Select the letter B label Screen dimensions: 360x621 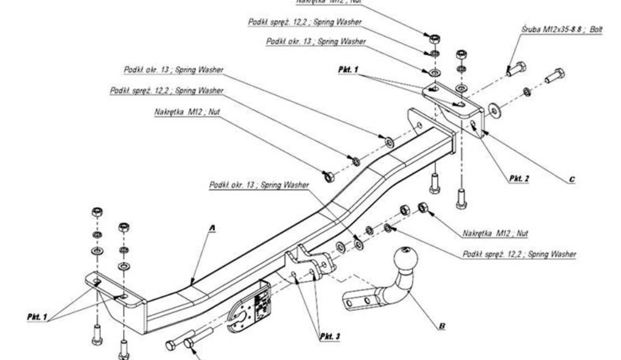443,325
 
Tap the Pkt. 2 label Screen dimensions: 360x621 519,179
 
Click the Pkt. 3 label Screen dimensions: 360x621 330,337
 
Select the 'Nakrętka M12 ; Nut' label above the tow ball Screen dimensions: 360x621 496,232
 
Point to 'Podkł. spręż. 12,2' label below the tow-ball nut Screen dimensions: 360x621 520,254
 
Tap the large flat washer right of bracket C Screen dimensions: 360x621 495,110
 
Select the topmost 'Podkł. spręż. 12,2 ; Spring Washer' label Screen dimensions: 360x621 305,22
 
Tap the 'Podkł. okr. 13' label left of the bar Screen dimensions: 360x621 173,70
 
